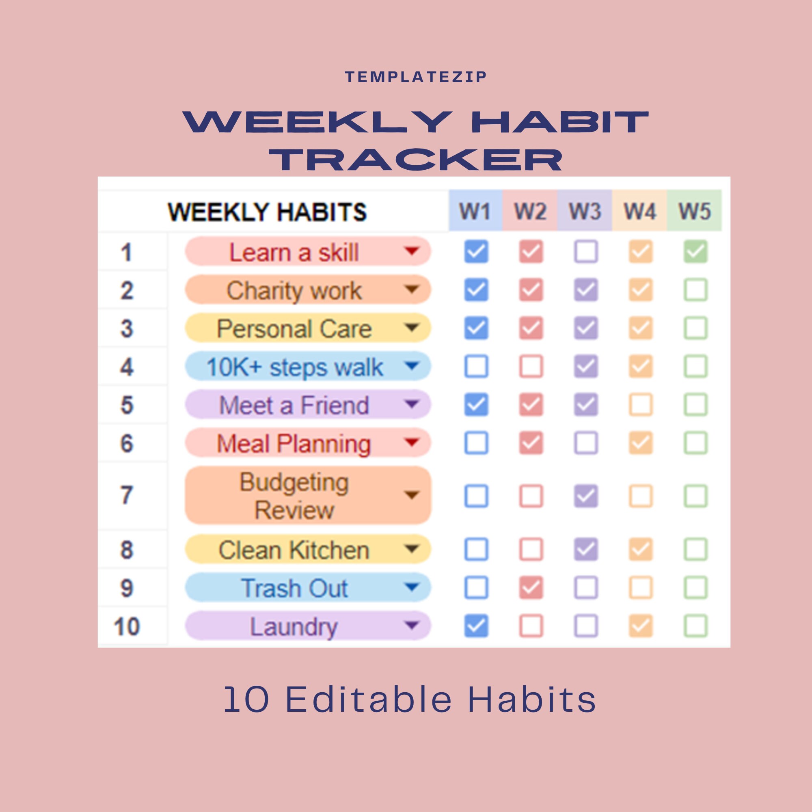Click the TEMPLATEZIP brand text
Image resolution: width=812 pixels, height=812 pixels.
[x=415, y=77]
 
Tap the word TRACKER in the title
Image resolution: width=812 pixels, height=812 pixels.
[x=415, y=160]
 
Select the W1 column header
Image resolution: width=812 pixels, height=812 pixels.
[x=475, y=211]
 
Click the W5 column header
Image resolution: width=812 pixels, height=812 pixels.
[x=695, y=211]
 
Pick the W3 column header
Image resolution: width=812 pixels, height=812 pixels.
[x=585, y=211]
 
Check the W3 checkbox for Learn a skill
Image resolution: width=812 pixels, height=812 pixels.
[x=585, y=252]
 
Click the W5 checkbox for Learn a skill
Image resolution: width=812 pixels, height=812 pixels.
[x=695, y=252]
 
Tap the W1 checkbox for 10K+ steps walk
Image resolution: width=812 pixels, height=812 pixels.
[x=476, y=367]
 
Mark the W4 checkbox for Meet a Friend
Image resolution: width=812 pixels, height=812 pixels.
[x=641, y=405]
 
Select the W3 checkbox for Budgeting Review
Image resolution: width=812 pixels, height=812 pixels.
[x=585, y=496]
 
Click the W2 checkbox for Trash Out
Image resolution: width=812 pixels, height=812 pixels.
[x=531, y=587]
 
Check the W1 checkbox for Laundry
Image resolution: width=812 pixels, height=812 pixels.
[x=476, y=626]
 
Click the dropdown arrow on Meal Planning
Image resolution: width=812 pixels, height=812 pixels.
[x=411, y=442]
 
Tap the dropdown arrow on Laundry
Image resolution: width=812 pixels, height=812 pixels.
[x=411, y=625]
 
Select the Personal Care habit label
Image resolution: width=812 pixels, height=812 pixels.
[x=294, y=328]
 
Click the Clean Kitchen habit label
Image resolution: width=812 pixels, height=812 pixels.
[x=294, y=550]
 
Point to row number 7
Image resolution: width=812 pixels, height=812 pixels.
[x=127, y=495]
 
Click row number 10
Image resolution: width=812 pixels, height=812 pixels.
[x=127, y=626]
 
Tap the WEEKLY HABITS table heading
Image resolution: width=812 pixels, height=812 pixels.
[x=267, y=212]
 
